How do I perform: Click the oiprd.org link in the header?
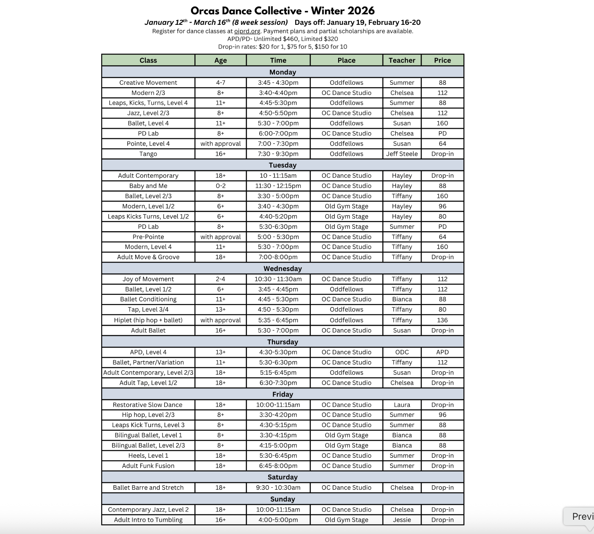[247, 31]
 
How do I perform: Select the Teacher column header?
[402, 60]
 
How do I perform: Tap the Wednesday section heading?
[282, 268]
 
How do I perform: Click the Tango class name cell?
[148, 154]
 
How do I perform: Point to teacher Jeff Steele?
[402, 154]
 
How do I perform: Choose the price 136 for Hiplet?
[442, 320]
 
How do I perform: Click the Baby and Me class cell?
[148, 186]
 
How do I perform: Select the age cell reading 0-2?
[220, 186]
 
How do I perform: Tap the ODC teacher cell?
[402, 352]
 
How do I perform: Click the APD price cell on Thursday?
[442, 352]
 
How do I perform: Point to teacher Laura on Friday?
[402, 405]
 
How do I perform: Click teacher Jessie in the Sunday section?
[402, 520]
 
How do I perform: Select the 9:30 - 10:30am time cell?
[278, 487]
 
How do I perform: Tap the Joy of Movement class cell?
[148, 279]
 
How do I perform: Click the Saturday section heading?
[282, 477]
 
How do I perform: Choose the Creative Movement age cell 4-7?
[220, 83]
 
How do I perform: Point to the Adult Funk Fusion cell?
[148, 466]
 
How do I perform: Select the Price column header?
[442, 60]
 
